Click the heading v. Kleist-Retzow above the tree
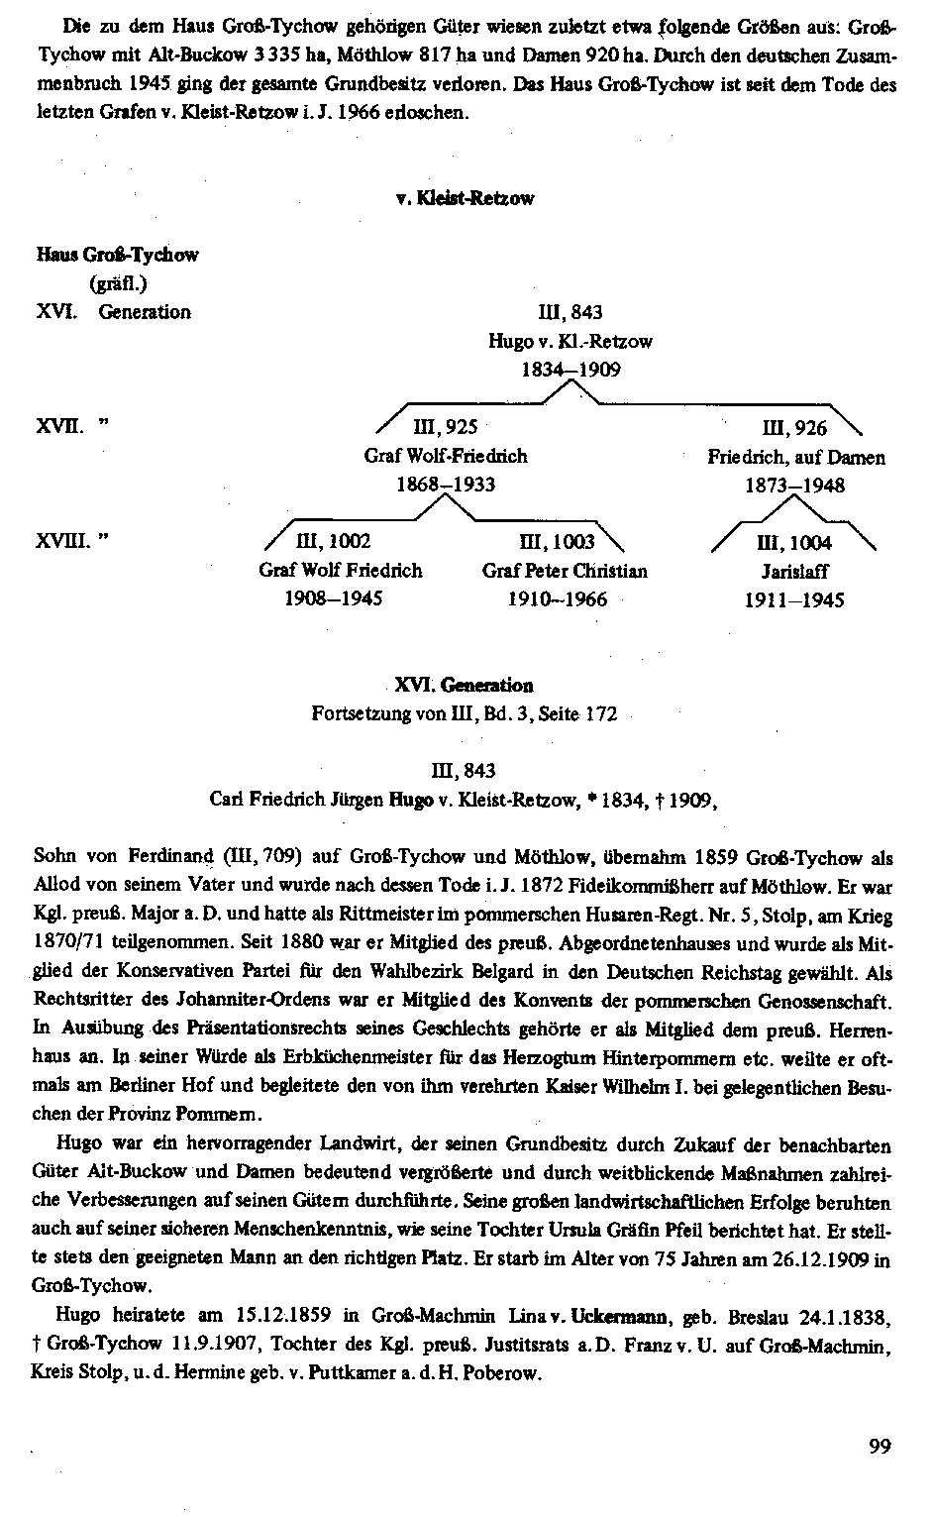tap(465, 198)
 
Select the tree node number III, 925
tap(446, 427)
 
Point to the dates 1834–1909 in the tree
tap(571, 370)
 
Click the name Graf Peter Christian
tap(565, 571)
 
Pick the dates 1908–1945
tap(334, 598)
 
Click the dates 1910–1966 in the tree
tap(558, 599)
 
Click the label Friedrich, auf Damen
tap(796, 457)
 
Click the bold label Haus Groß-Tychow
tap(118, 255)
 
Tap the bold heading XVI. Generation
tap(464, 685)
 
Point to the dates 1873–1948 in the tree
tap(795, 486)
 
